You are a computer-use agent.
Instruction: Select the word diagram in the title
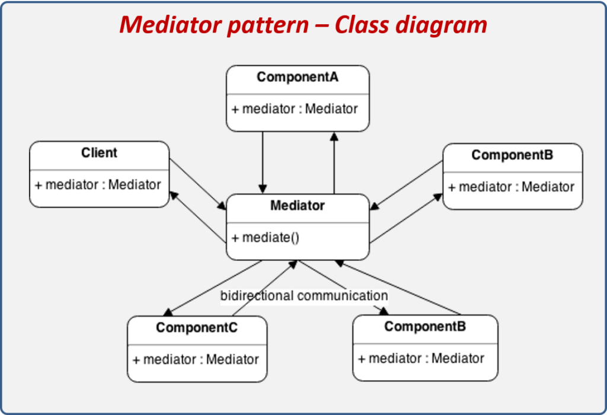click(448, 25)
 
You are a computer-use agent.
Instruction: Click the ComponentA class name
click(297, 77)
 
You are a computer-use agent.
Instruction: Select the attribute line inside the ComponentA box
click(295, 109)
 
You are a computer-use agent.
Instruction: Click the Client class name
click(99, 152)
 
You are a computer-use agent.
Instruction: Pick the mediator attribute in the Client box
click(98, 184)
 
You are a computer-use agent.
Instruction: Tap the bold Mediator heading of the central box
click(297, 206)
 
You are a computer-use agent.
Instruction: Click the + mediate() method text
click(266, 238)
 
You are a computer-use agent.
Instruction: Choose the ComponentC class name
click(197, 327)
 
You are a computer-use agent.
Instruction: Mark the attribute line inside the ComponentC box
click(196, 359)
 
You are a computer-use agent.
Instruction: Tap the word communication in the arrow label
click(343, 295)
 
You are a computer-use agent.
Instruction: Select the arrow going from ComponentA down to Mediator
click(262, 160)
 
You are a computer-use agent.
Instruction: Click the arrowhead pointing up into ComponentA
click(334, 136)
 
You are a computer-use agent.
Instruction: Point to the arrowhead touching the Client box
click(174, 195)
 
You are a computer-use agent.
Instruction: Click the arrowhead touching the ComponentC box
click(168, 312)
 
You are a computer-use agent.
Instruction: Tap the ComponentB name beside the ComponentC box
click(424, 327)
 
